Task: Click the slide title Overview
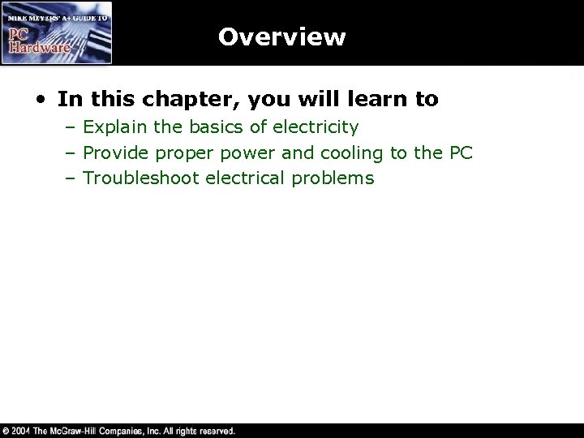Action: point(281,37)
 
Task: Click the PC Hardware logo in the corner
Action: point(56,32)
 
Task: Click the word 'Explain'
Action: point(114,127)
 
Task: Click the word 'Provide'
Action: point(114,152)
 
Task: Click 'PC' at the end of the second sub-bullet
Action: point(460,152)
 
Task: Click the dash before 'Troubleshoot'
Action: point(72,178)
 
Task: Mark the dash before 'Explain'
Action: point(72,128)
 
